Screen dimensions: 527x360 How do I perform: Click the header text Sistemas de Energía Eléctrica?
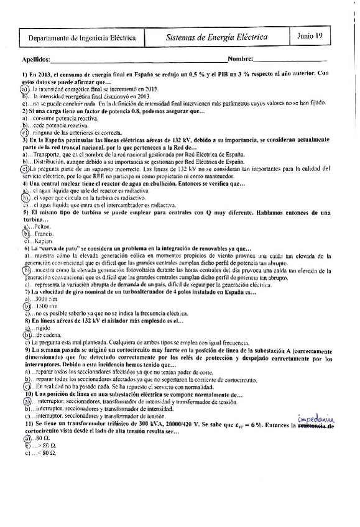217,37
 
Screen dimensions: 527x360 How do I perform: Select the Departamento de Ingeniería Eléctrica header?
82,38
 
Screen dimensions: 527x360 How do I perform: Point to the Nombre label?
240,59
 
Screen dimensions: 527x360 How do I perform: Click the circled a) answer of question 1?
25,89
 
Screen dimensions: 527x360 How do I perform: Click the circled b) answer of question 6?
26,271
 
